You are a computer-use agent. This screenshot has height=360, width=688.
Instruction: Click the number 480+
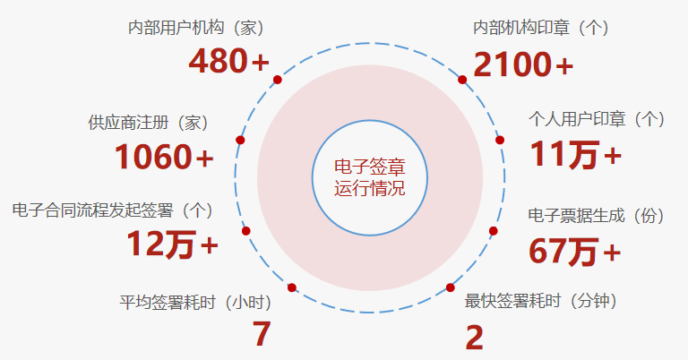(228, 62)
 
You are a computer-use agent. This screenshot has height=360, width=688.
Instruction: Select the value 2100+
(523, 64)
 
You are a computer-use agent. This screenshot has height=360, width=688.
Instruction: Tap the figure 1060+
(164, 158)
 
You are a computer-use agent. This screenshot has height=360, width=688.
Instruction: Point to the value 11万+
(575, 155)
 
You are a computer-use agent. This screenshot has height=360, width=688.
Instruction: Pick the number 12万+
(172, 244)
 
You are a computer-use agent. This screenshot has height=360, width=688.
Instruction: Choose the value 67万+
(574, 251)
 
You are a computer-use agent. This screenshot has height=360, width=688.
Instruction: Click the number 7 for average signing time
(261, 334)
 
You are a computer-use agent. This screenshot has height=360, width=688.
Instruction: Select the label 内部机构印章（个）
(541, 28)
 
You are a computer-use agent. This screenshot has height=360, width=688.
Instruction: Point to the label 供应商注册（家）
(149, 121)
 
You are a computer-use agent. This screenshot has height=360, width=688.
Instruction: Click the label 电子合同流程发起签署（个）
(113, 210)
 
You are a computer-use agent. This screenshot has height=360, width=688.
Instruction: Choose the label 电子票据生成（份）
(597, 215)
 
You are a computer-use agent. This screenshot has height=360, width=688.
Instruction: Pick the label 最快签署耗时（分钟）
(542, 301)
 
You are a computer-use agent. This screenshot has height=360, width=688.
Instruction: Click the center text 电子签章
(369, 167)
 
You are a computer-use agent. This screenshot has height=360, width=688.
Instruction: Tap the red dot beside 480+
(278, 80)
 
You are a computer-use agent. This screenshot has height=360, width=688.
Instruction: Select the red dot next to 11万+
(500, 140)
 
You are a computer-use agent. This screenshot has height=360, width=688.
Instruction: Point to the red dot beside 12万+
(246, 231)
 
